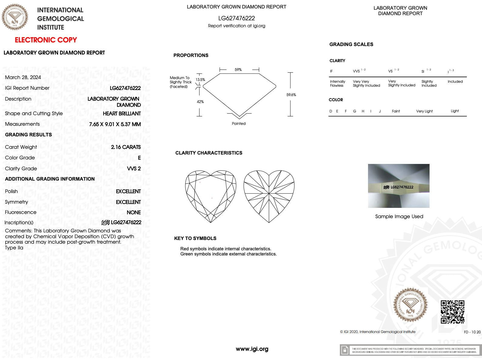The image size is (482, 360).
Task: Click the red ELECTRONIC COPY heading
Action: coord(46,40)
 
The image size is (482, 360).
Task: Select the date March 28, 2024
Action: coord(23,77)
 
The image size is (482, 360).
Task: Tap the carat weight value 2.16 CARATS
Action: coord(126,147)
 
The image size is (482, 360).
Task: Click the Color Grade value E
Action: coord(139,158)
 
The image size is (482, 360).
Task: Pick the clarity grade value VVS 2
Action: coord(134,168)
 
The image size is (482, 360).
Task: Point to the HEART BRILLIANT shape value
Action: coord(122,113)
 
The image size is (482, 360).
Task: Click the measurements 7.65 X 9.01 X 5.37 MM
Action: coord(115,124)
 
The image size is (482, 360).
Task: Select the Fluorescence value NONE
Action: coord(134,212)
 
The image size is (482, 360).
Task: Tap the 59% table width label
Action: coord(238,70)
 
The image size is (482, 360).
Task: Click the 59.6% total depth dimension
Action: coord(291,95)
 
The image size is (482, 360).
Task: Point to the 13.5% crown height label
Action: coord(200,80)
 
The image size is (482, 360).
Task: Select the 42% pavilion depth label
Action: coord(200,102)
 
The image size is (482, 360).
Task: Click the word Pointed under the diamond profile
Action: coord(239,124)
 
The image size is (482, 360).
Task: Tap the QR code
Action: coord(452,312)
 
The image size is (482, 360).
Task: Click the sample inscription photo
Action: coord(399,186)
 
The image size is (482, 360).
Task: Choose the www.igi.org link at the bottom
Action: coord(252,349)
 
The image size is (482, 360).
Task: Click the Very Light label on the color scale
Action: coord(424,111)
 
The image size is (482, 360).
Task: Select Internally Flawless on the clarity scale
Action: coord(337,83)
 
